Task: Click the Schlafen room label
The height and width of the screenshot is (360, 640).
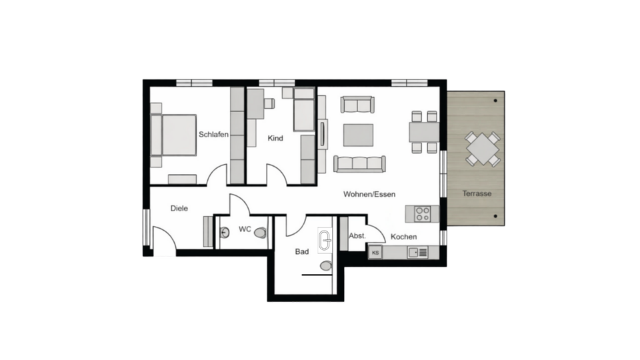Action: coord(213,135)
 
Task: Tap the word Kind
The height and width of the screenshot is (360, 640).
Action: coord(275,139)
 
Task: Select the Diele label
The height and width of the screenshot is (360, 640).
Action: coord(179,209)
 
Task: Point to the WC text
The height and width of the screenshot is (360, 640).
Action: coord(245,229)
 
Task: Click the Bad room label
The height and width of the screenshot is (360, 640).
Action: coord(302,252)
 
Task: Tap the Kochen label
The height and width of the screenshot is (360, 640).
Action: coord(403,237)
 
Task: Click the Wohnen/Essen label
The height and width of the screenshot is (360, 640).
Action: coord(369,195)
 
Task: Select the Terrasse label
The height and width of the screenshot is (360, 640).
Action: coord(477,194)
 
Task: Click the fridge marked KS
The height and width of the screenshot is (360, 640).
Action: coord(375,253)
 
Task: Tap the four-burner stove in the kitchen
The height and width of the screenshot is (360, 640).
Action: coord(423,214)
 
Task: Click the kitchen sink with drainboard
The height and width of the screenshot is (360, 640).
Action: coord(418,252)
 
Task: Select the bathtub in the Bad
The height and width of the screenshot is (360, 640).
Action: coord(325,241)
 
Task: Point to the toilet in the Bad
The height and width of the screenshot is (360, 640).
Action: coord(325,266)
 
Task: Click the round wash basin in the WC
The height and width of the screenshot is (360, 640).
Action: coord(224,233)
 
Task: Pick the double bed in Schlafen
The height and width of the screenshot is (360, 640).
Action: coord(175,135)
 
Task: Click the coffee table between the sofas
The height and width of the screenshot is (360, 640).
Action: coord(359,135)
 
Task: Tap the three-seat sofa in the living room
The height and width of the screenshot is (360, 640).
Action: coord(359,164)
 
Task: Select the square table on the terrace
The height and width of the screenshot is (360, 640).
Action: coord(482,149)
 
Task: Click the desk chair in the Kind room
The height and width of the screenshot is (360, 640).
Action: coord(269,103)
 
